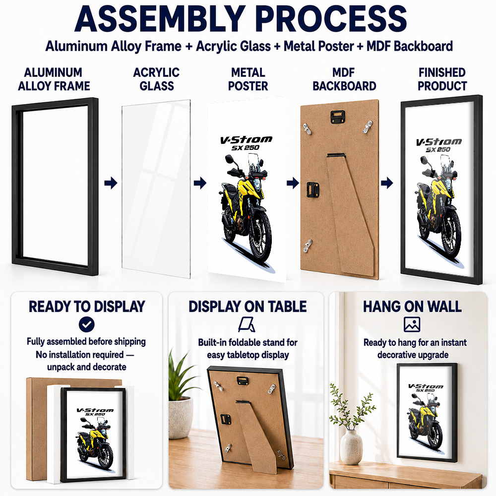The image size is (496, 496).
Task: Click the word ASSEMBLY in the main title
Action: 160,19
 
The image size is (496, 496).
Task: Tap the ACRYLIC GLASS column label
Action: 156,79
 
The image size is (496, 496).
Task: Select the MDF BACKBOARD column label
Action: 344,79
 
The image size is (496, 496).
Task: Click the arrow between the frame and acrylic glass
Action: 111,183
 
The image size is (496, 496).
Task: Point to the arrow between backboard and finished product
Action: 387,183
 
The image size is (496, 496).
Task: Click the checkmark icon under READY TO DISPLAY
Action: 87,324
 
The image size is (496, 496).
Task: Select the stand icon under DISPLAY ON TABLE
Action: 247,324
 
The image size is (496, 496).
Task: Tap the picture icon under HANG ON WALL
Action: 412,324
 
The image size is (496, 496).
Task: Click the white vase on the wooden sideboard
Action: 351,447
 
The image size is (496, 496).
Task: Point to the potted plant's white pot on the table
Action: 181,418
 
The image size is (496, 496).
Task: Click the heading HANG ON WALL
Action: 412,307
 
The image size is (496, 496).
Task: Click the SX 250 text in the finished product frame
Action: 438,150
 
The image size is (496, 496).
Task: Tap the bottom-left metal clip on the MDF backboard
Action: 308,246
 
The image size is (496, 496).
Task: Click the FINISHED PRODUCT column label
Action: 442,79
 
